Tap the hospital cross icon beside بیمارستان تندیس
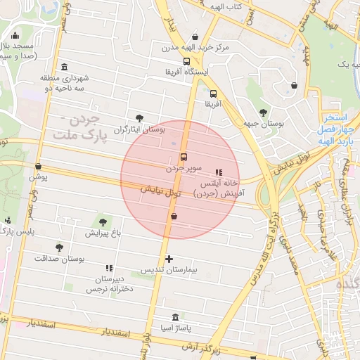click(169, 259)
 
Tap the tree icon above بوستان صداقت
click(59, 247)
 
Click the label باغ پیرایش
click(104, 233)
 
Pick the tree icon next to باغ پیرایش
click(103, 222)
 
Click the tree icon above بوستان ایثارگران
click(139, 118)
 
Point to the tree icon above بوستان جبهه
click(263, 112)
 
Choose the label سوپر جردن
click(185, 169)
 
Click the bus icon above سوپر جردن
click(184, 157)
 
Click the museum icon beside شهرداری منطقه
click(65, 67)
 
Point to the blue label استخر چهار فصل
click(338, 123)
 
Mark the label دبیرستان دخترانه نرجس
click(108, 283)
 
